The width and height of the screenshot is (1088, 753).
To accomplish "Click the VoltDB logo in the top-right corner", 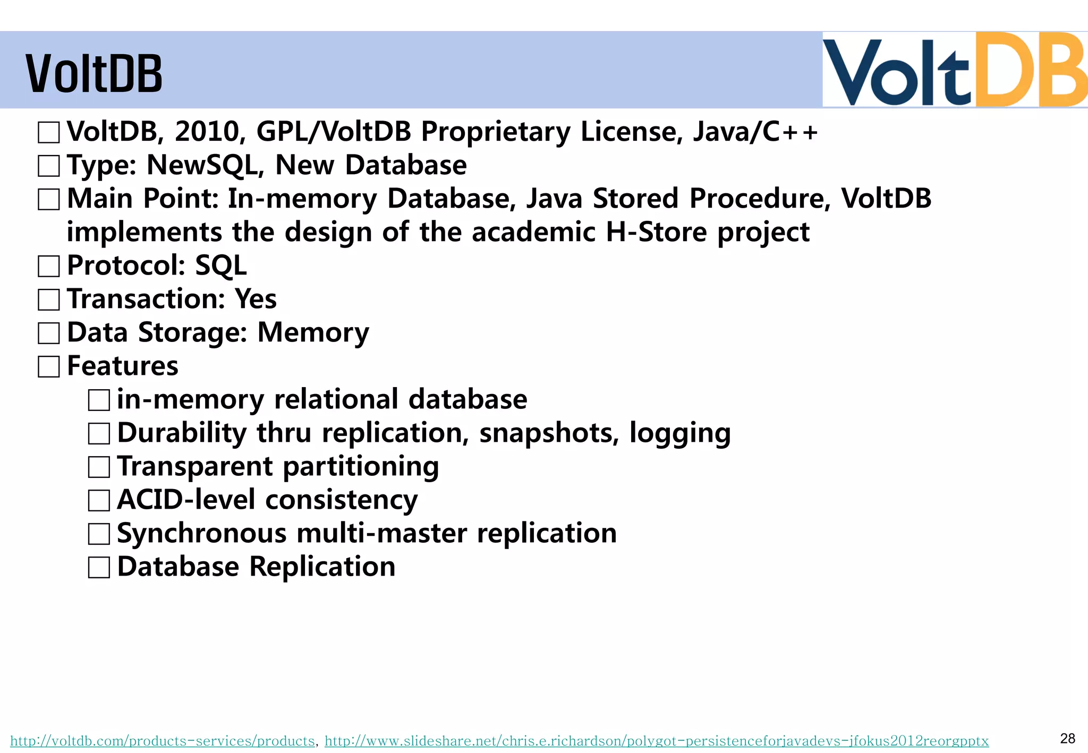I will pos(954,70).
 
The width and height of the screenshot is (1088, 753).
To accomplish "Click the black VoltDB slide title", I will pos(93,74).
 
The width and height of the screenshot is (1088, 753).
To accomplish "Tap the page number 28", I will pos(1067,738).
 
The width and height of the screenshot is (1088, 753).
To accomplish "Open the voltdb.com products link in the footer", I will pos(163,741).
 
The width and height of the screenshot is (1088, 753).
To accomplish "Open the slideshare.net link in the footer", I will pos(657,741).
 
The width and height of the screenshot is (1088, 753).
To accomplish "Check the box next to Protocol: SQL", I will pos(49,266).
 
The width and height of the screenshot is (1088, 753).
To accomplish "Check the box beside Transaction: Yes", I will pos(49,300).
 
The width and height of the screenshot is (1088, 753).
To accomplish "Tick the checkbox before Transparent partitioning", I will pos(99,467).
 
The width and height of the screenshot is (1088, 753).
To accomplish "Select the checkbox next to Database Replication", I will pos(99,567).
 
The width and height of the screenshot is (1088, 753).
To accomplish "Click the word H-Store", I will pos(656,232).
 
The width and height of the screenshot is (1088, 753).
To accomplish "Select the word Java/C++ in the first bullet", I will pos(755,132).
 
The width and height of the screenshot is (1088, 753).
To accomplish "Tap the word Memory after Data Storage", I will pos(313,333).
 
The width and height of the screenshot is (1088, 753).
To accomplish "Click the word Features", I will pos(123,366).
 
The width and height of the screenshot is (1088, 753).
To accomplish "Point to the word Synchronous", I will pos(202,534).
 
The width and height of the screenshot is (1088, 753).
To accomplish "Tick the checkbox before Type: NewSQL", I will pos(49,166).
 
